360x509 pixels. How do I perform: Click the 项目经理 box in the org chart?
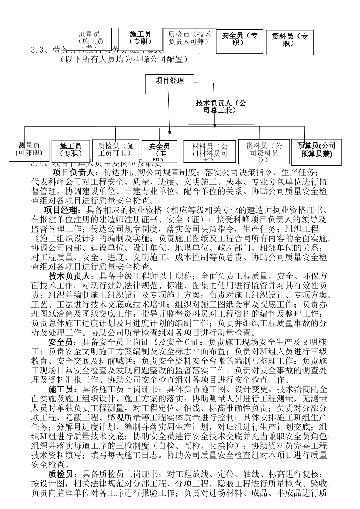[x=170, y=83]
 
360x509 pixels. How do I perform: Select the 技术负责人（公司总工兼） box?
[x=221, y=110]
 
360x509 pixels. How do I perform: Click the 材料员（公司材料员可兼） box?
[x=206, y=152]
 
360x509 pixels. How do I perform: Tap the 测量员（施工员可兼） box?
[x=89, y=39]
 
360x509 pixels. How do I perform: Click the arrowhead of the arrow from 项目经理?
[x=170, y=133]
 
